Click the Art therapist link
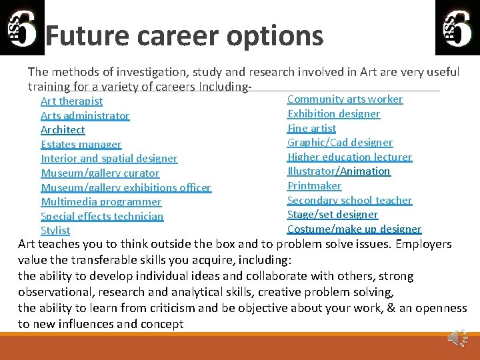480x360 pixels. pyautogui.click(x=71, y=101)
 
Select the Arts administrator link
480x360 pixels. pyautogui.click(x=85, y=116)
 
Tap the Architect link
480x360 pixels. pyautogui.click(x=63, y=130)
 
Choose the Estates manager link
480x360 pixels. pyautogui.click(x=81, y=145)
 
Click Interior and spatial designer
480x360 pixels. pyautogui.click(x=109, y=159)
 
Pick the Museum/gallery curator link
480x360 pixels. pyautogui.click(x=100, y=173)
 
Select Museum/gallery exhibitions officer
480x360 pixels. pyautogui.click(x=125, y=188)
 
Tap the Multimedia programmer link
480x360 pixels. pyautogui.click(x=101, y=202)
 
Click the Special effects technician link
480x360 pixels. pyautogui.click(x=101, y=217)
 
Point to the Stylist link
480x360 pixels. pyautogui.click(x=55, y=231)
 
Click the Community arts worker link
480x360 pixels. pyautogui.click(x=345, y=99)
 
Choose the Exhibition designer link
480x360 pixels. pyautogui.click(x=333, y=114)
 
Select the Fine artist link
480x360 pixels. pyautogui.click(x=311, y=128)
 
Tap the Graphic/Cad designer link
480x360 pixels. pyautogui.click(x=339, y=143)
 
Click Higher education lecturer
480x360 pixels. pyautogui.click(x=349, y=157)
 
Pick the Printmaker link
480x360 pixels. pyautogui.click(x=314, y=186)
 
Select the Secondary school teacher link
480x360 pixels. pyautogui.click(x=349, y=201)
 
